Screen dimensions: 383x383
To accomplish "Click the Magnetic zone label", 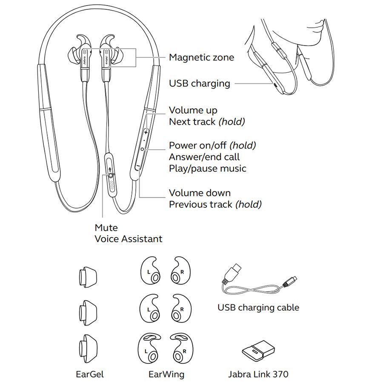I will pyautogui.click(x=201, y=57).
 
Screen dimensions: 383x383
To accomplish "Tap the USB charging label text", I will pyautogui.click(x=199, y=83).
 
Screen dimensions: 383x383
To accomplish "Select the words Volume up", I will pyautogui.click(x=193, y=111).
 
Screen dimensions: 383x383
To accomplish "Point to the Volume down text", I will pyautogui.click(x=200, y=193).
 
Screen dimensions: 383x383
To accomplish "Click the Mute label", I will pyautogui.click(x=106, y=228).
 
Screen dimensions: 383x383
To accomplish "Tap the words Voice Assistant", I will pyautogui.click(x=128, y=239).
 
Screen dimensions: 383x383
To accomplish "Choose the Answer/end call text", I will pyautogui.click(x=204, y=157).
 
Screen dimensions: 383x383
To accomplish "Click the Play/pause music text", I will pyautogui.click(x=207, y=169).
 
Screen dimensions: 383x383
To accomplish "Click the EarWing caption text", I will pyautogui.click(x=166, y=374).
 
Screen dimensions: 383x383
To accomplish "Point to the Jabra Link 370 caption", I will pyautogui.click(x=258, y=374).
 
